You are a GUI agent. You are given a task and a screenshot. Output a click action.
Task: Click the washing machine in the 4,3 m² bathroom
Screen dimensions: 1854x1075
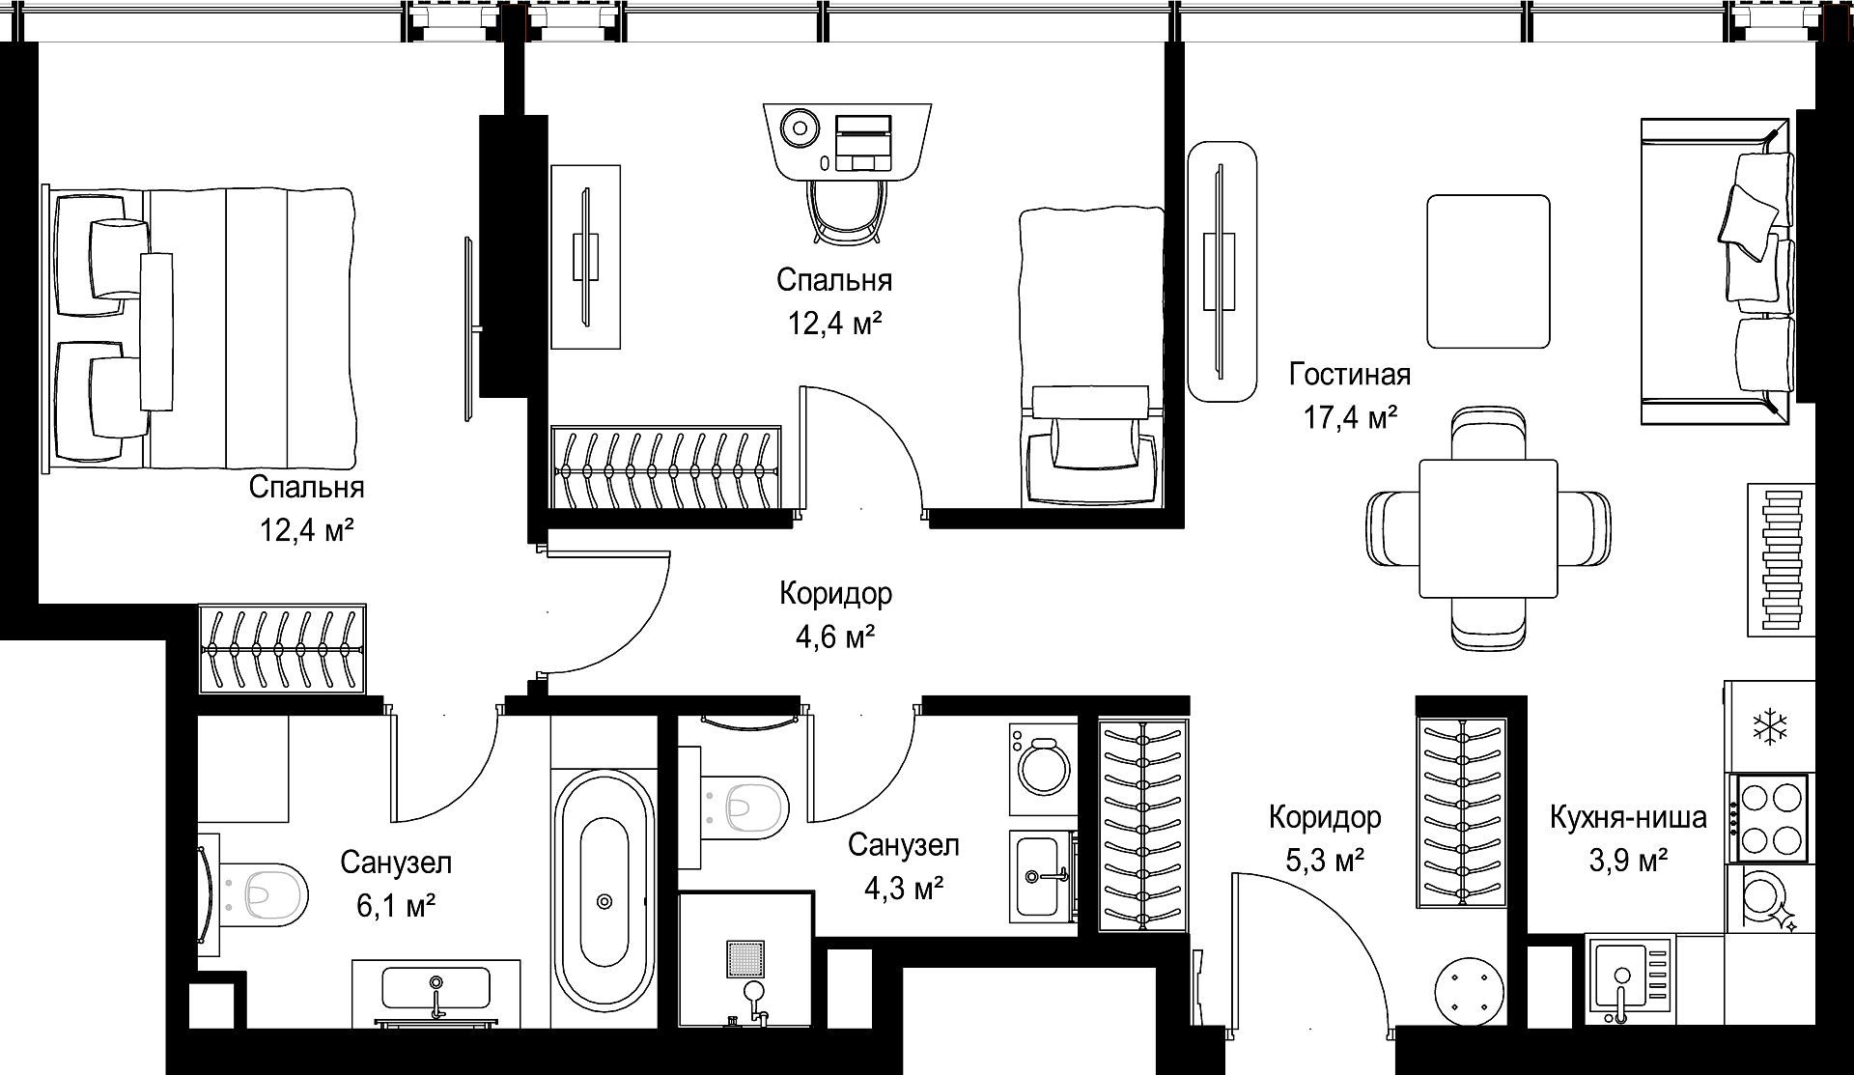(x=1044, y=769)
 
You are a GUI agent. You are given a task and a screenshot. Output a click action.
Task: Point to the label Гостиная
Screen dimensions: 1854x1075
(x=1349, y=374)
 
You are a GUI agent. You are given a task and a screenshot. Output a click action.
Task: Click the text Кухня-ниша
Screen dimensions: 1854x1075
(x=1628, y=817)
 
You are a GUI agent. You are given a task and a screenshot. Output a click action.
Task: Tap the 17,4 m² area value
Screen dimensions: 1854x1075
(x=1350, y=417)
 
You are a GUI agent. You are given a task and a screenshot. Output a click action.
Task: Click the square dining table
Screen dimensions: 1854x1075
(x=1488, y=528)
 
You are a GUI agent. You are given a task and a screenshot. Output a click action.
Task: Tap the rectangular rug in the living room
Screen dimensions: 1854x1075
(x=1488, y=271)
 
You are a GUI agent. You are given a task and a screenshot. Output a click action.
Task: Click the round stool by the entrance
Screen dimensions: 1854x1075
(x=1471, y=991)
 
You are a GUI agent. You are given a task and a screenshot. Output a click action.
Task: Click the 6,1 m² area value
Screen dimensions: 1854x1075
(x=397, y=904)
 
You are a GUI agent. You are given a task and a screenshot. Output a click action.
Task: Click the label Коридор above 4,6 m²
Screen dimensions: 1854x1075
(x=836, y=593)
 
